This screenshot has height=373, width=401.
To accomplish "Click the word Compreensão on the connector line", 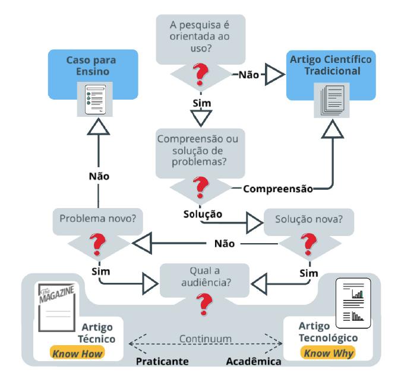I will coord(277,189).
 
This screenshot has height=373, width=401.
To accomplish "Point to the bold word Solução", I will coord(203,212).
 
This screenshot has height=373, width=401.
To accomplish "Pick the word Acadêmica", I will coord(254,360).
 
